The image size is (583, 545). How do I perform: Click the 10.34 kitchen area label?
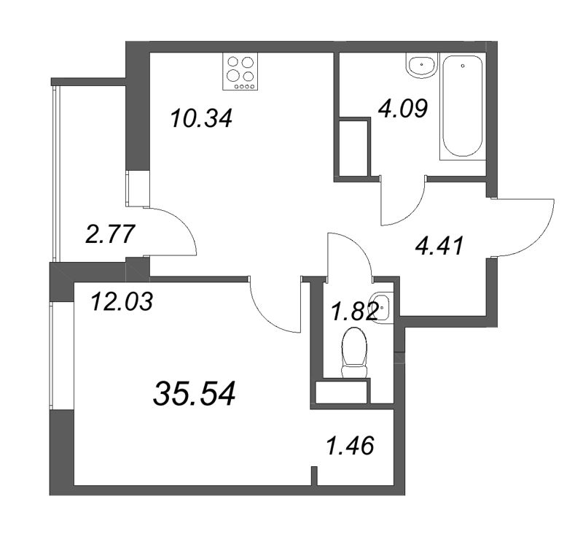[202, 118]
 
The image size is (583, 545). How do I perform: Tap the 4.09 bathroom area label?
[403, 108]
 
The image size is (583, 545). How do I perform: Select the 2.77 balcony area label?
[109, 234]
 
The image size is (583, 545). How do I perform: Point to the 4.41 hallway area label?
[440, 246]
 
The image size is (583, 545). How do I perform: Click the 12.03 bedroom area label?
[122, 301]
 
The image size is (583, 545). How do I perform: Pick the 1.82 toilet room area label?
[355, 312]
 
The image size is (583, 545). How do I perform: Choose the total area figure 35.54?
[194, 393]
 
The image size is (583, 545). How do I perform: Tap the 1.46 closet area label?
[350, 445]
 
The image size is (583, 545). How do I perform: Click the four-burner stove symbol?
[240, 71]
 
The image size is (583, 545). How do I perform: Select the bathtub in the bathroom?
[463, 107]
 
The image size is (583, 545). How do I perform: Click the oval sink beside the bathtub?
[421, 66]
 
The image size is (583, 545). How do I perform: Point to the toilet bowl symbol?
[354, 352]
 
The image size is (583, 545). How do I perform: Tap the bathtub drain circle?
[463, 66]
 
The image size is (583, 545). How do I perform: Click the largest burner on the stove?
[233, 76]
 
